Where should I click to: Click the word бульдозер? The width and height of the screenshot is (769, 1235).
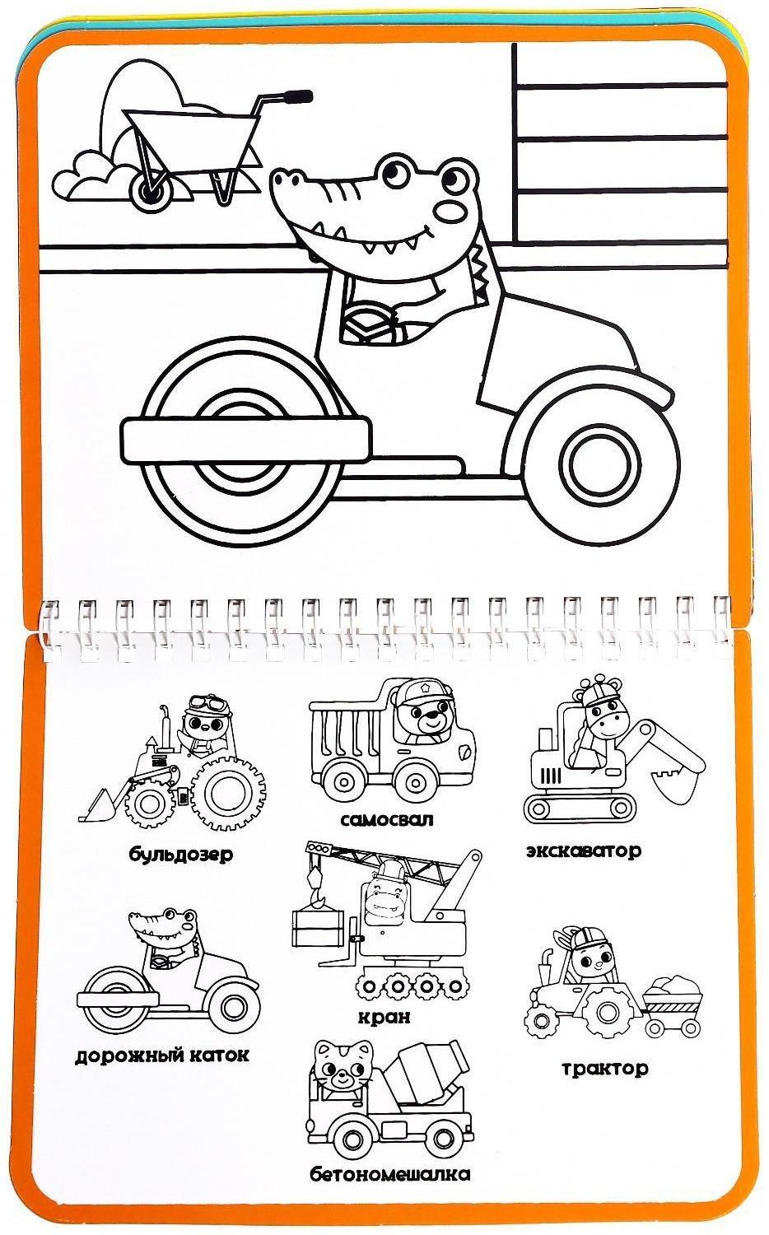(181, 854)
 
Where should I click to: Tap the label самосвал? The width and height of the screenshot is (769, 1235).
(387, 819)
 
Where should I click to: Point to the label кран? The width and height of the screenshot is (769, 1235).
(384, 1016)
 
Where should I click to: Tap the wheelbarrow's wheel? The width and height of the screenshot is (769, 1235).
(151, 189)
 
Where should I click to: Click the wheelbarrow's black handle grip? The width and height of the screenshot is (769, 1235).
(299, 96)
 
